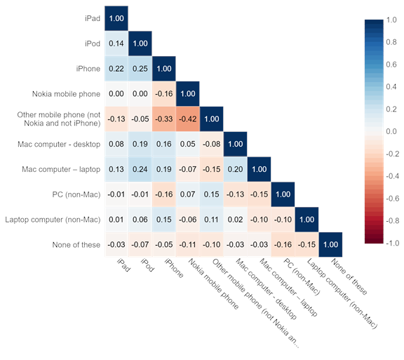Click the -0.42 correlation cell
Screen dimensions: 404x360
[188, 119]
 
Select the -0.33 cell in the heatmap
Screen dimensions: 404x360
[164, 119]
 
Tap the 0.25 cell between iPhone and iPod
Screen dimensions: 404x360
[140, 69]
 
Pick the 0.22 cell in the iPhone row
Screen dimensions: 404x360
[116, 69]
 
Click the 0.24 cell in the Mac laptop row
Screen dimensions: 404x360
[140, 169]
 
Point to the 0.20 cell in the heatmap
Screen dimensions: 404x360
[236, 169]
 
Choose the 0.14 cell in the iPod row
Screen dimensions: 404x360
[116, 44]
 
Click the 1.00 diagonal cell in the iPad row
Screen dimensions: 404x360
[116, 18]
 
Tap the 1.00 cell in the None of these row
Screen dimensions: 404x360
[331, 244]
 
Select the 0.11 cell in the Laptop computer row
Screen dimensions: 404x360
[212, 220]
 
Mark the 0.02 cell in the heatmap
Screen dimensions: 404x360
[236, 220]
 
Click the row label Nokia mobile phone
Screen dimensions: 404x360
[66, 94]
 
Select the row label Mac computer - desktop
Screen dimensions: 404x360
[59, 144]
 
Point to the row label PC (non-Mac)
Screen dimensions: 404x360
[76, 194]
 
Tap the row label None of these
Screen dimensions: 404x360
[76, 245]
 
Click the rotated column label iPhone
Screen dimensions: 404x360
[174, 268]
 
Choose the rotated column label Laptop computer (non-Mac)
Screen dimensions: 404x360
[342, 293]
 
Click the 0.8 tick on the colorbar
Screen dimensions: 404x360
[391, 42]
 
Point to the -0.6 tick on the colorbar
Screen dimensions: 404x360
[392, 199]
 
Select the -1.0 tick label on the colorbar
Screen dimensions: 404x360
[392, 244]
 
